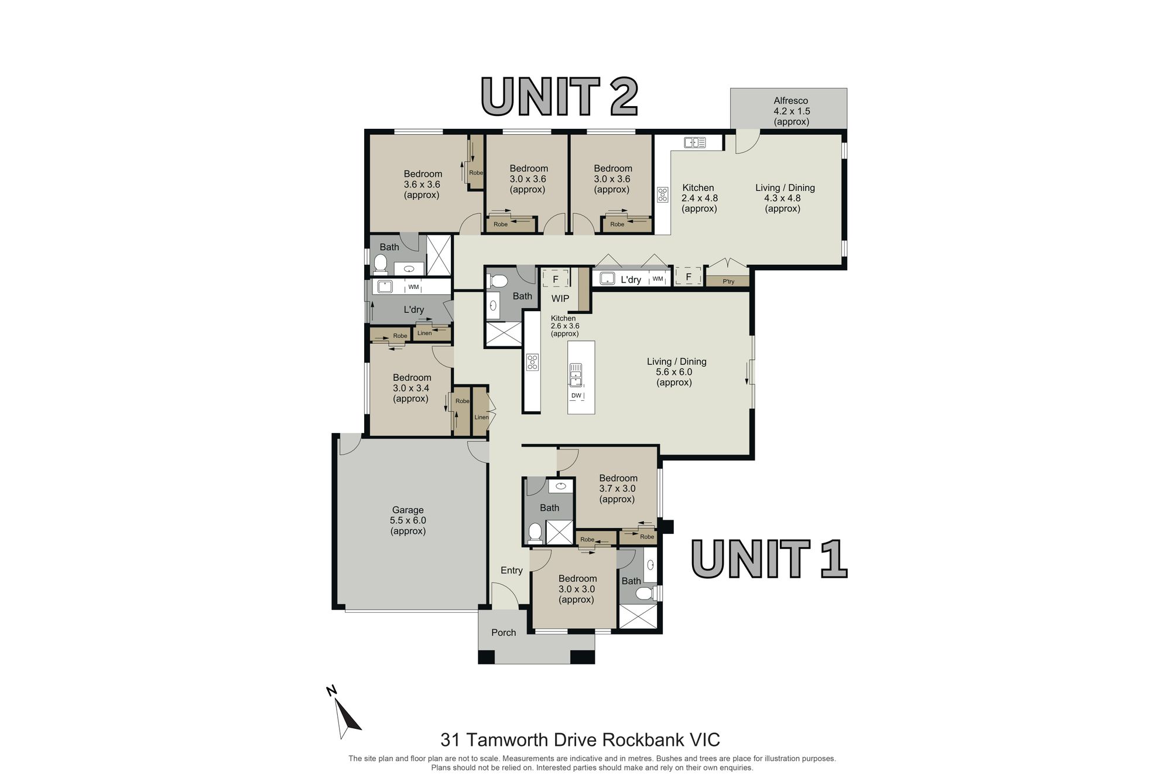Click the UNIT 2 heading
(x=559, y=97)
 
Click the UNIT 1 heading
(x=769, y=559)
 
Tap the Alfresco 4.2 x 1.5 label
(x=791, y=111)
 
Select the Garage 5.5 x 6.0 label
(x=408, y=520)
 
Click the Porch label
(x=504, y=633)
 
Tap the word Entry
(x=512, y=570)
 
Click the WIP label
(x=560, y=298)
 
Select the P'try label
(x=728, y=282)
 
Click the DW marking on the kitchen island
(x=576, y=395)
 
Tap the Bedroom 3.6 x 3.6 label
(x=422, y=185)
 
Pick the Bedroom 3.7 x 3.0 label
(x=618, y=489)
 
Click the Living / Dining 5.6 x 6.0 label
(x=676, y=372)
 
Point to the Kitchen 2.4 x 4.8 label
(x=699, y=198)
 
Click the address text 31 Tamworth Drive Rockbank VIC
(x=580, y=740)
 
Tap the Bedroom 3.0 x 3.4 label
(x=412, y=388)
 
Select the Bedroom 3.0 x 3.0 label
(x=577, y=589)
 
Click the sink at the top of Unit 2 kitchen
(x=695, y=142)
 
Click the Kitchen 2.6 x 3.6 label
(x=564, y=326)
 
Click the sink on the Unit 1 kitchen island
(x=576, y=375)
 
